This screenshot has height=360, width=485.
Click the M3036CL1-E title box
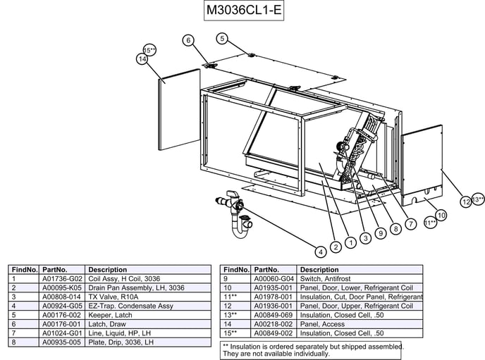coord(243,11)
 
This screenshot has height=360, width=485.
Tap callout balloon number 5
coord(222,38)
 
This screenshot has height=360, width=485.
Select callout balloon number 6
coord(188,40)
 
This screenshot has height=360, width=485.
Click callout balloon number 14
coord(142,60)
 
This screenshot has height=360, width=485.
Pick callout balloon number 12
coord(465,202)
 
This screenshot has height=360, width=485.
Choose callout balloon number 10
coord(441,215)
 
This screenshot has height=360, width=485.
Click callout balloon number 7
coord(410,224)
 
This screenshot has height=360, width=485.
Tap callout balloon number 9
coord(380,233)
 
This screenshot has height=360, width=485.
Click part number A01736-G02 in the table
coord(62,279)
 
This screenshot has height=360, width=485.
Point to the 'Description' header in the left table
coord(108,270)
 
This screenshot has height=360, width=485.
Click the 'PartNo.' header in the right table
coord(266,270)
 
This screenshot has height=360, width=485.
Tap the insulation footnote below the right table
coord(311,349)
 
